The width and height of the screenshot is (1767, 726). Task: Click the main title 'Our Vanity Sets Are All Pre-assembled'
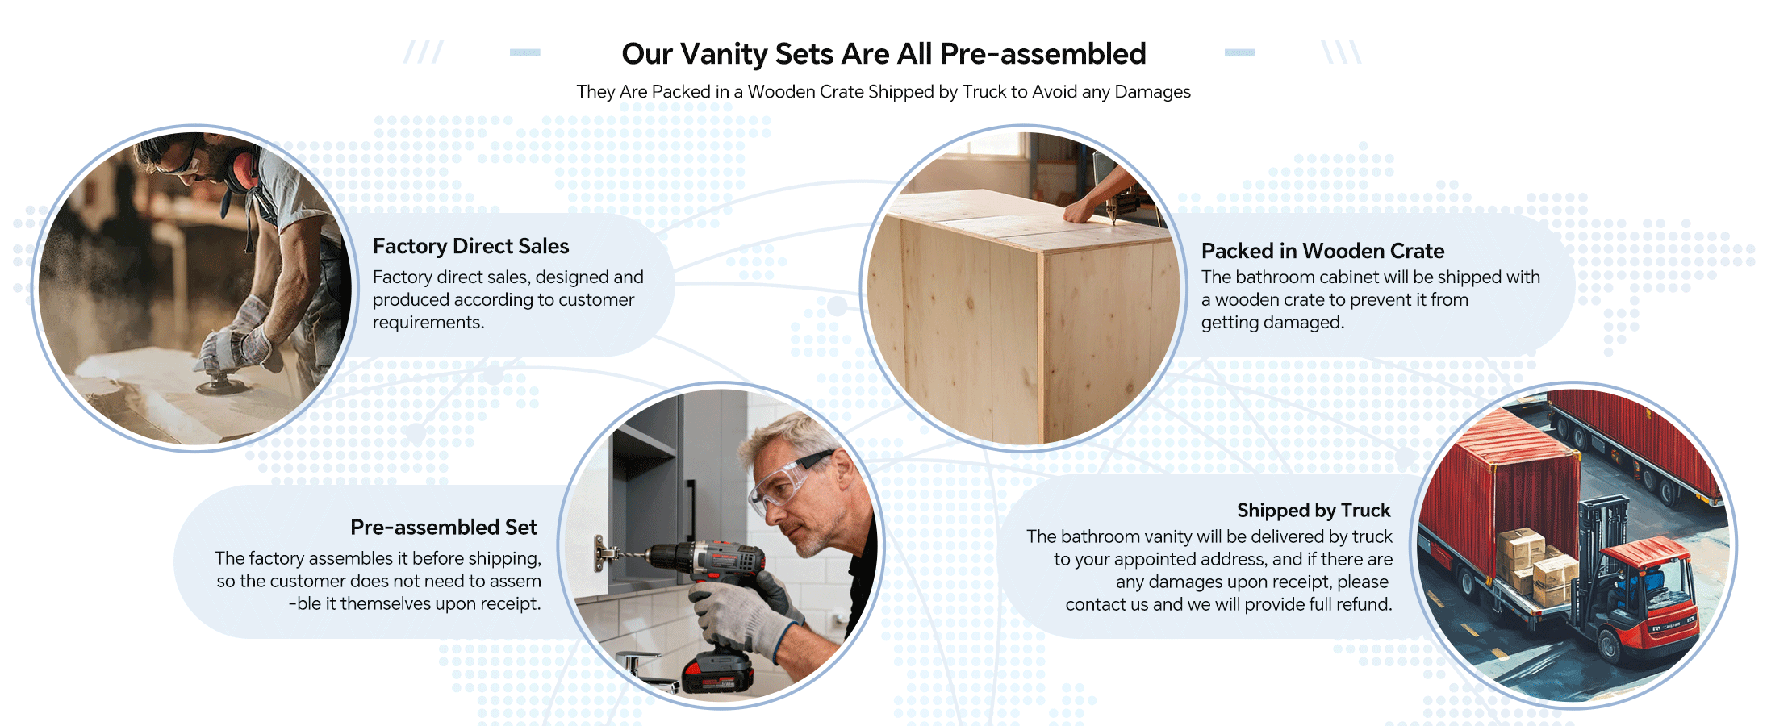pyautogui.click(x=883, y=54)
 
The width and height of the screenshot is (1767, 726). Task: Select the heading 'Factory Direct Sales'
pyautogui.click(x=470, y=246)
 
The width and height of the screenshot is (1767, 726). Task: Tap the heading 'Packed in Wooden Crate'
pyautogui.click(x=1322, y=251)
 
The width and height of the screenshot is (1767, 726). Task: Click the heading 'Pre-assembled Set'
pyautogui.click(x=443, y=528)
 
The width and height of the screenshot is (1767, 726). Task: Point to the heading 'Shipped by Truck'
pyautogui.click(x=1314, y=511)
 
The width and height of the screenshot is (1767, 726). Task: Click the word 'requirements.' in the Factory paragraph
pyautogui.click(x=428, y=323)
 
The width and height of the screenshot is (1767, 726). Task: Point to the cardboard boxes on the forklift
pyautogui.click(x=1535, y=565)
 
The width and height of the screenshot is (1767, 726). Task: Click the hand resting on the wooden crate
pyautogui.click(x=1081, y=211)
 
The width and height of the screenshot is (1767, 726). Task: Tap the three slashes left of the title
pyautogui.click(x=424, y=52)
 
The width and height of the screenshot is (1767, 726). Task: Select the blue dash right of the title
pyautogui.click(x=1239, y=52)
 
